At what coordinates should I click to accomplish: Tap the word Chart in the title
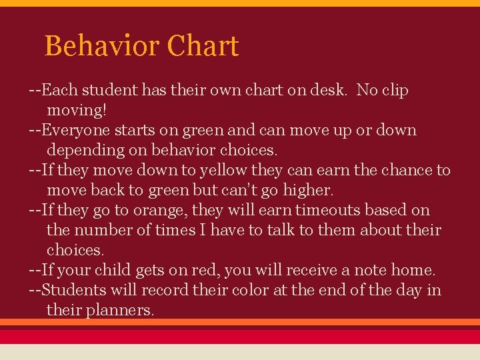pos(203,46)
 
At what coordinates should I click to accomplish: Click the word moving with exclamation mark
pos(77,110)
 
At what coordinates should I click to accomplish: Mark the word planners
pos(120,311)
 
